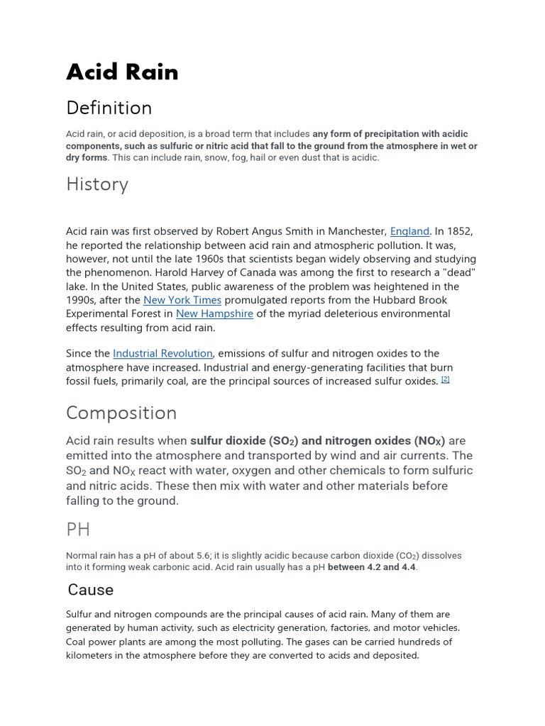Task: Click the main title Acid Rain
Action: (x=122, y=72)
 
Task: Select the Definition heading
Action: (x=109, y=108)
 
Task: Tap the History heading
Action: (x=97, y=184)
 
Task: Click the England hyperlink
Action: (x=410, y=231)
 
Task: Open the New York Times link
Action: (x=182, y=300)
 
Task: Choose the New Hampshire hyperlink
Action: (x=214, y=313)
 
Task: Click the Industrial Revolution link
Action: (x=163, y=353)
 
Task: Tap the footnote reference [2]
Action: (x=446, y=379)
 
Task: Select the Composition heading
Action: (x=121, y=413)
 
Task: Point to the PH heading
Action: (x=78, y=530)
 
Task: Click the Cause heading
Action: (x=91, y=590)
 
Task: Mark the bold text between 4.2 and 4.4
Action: (x=372, y=567)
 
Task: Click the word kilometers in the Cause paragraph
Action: (x=93, y=655)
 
